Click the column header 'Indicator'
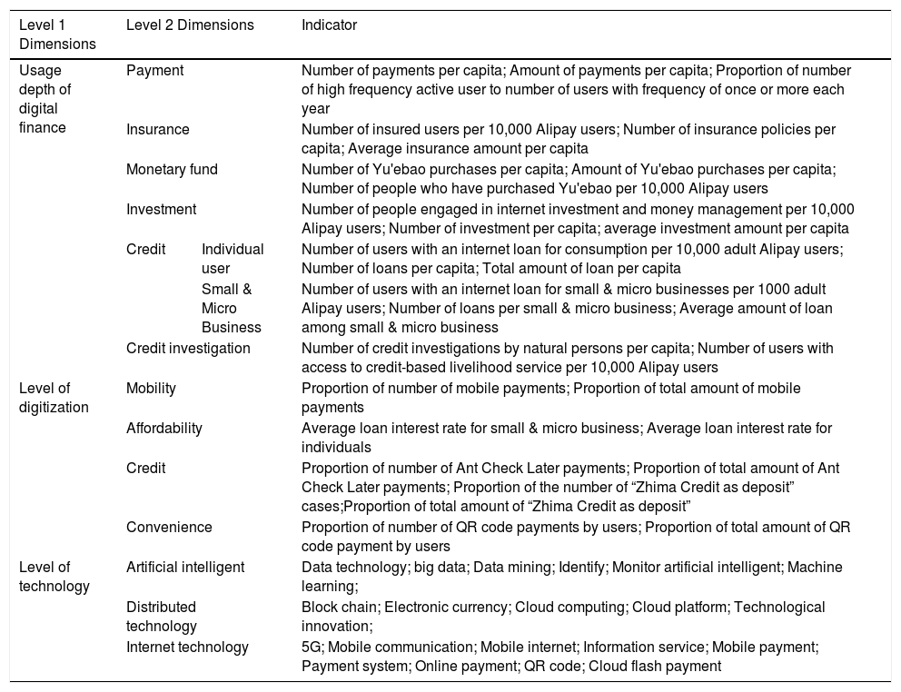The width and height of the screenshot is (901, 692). tap(329, 25)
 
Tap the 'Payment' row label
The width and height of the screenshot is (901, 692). tap(154, 70)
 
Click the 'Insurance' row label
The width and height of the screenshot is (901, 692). tap(158, 129)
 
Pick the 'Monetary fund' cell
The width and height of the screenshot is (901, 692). tap(172, 169)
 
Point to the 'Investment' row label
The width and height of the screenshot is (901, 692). tap(161, 209)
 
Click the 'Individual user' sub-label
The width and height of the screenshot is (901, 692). tap(233, 259)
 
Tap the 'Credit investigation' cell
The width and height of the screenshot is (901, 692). tap(188, 348)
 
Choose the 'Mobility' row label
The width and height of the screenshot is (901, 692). tap(151, 388)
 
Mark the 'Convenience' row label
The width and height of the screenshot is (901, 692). tap(169, 527)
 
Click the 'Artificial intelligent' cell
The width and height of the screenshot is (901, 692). tap(185, 567)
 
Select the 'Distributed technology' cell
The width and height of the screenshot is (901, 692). tap(162, 617)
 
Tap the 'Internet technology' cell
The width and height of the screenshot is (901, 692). tap(187, 647)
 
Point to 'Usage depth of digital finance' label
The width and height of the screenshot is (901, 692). tap(45, 100)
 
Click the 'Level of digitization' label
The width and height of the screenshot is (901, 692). tap(54, 398)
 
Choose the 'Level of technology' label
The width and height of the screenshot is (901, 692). tap(54, 577)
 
